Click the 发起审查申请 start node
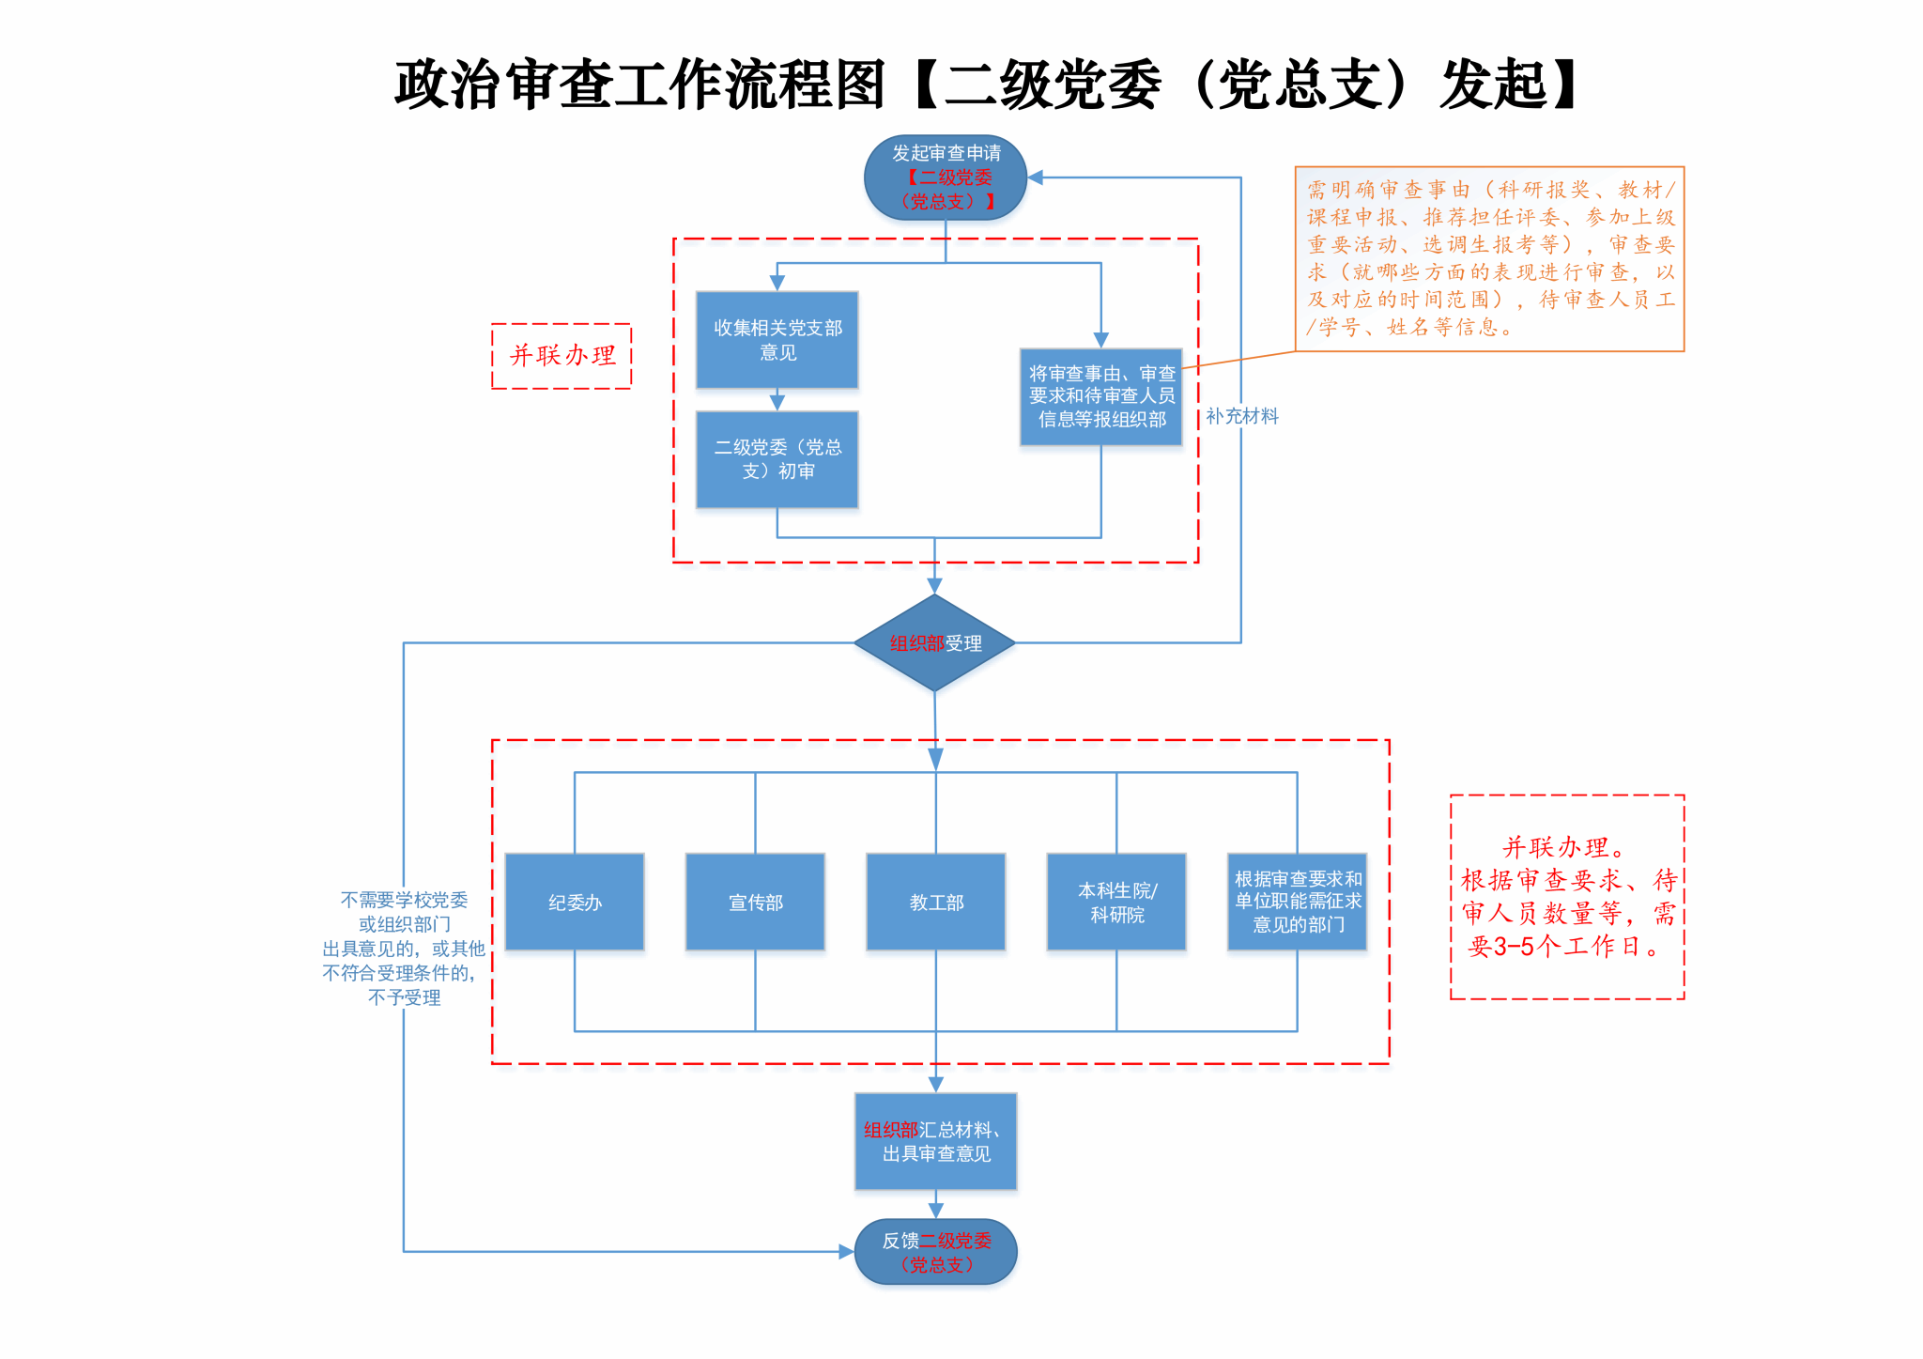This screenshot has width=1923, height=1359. click(x=945, y=178)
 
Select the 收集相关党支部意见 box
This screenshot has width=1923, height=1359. click(x=777, y=340)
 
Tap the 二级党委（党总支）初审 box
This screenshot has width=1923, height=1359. click(x=777, y=459)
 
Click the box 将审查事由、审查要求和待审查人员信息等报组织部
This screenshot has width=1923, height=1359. click(x=1100, y=396)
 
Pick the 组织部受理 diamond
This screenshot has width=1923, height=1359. click(x=934, y=643)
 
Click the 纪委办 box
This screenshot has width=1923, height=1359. click(x=575, y=902)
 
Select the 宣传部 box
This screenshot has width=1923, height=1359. click(x=755, y=902)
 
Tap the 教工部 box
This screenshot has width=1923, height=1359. click(x=936, y=902)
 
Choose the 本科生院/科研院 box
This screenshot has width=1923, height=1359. click(x=1116, y=902)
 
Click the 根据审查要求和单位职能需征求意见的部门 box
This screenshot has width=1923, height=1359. click(x=1297, y=902)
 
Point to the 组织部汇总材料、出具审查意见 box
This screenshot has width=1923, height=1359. click(x=935, y=1141)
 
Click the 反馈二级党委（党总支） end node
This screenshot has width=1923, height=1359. click(x=935, y=1252)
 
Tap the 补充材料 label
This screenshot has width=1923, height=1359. click(x=1241, y=416)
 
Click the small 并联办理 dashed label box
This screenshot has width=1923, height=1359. click(x=562, y=356)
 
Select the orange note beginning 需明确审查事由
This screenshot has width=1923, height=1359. click(x=1489, y=259)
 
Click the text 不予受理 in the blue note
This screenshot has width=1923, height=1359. click(x=404, y=997)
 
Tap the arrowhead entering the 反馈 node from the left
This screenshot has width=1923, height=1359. click(x=846, y=1252)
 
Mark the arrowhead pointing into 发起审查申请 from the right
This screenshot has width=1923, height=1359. click(x=1036, y=178)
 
